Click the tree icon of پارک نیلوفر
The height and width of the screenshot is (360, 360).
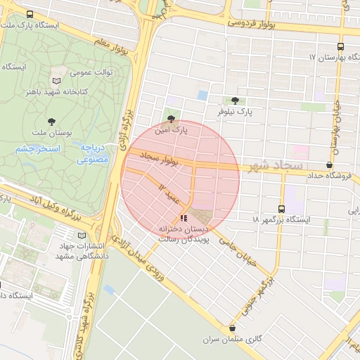tap(234, 101)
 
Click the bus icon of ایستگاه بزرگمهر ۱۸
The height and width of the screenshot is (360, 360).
tap(281, 209)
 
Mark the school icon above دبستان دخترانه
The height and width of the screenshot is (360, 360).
tap(184, 219)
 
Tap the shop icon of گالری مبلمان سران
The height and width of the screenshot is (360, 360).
tap(233, 328)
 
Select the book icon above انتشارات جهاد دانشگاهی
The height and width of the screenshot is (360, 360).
tap(82, 235)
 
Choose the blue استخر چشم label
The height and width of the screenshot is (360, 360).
tap(39, 149)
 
